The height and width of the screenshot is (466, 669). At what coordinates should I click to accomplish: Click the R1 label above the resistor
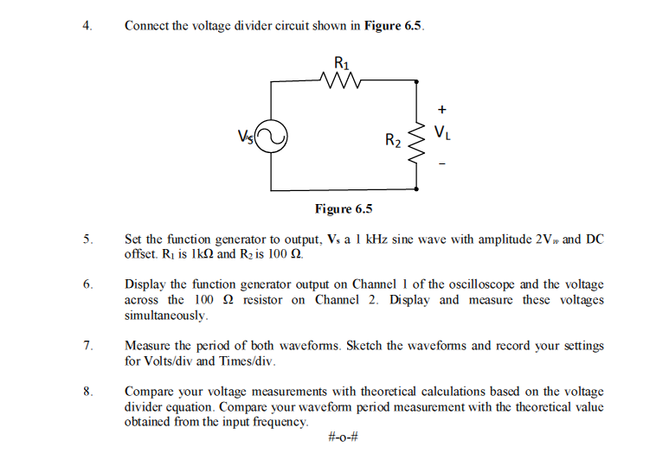point(342,63)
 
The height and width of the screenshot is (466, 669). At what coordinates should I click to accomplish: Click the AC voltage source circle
point(271,137)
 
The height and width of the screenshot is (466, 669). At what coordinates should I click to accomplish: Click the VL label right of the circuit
point(442,133)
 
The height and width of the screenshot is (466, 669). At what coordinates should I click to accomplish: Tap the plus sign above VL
point(442,110)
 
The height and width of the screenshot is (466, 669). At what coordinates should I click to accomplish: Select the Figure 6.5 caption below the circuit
point(344,208)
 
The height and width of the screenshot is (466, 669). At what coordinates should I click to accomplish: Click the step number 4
point(87,25)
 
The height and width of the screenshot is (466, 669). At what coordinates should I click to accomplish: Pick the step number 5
point(87,239)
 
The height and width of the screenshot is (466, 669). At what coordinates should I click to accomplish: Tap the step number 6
point(87,284)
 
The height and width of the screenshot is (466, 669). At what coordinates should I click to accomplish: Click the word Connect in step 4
point(146,25)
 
